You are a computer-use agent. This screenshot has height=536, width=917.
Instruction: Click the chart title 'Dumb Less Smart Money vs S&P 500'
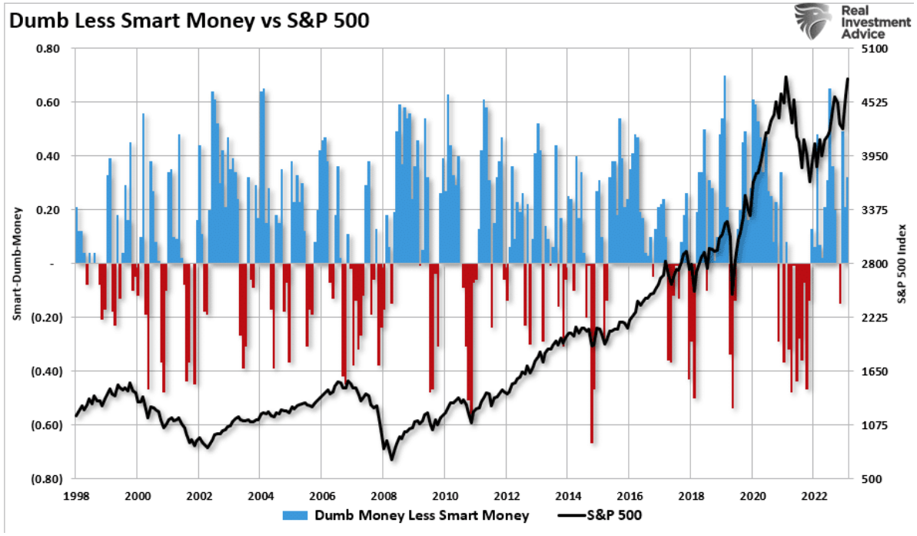189,21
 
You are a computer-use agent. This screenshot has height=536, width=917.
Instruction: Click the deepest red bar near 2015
591,354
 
